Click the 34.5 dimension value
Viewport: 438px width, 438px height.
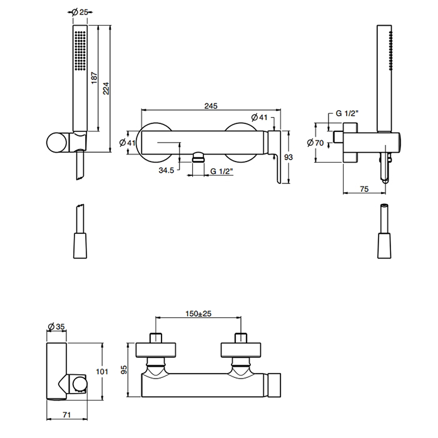point(166,170)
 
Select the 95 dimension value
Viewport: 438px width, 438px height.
point(125,369)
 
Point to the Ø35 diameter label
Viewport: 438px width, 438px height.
point(56,325)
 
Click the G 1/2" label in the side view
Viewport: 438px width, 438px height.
point(345,114)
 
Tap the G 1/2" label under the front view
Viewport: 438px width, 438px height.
point(222,170)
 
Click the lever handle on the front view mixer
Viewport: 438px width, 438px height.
point(275,156)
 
